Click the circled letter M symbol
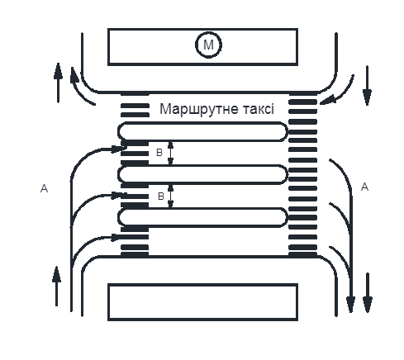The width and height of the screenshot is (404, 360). [208, 45]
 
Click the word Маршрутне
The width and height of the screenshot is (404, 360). [198, 109]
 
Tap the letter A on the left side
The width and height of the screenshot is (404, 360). [44, 188]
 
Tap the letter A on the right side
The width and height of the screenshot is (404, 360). [364, 187]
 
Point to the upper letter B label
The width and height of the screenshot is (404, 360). [159, 153]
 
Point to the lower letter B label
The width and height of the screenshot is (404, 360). [161, 197]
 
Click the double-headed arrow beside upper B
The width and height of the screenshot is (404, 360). [171, 153]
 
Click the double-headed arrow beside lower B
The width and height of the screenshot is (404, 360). [171, 196]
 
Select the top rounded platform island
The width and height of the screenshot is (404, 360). [202, 131]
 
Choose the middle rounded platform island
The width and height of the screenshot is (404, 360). [202, 174]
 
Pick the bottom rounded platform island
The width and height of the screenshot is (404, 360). [202, 217]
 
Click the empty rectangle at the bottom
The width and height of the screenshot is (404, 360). [202, 302]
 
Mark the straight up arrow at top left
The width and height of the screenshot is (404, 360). [58, 83]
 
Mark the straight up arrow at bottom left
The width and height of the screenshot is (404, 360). [56, 287]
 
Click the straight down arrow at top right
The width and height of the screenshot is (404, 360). [367, 86]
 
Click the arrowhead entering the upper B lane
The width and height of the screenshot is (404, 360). [119, 149]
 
